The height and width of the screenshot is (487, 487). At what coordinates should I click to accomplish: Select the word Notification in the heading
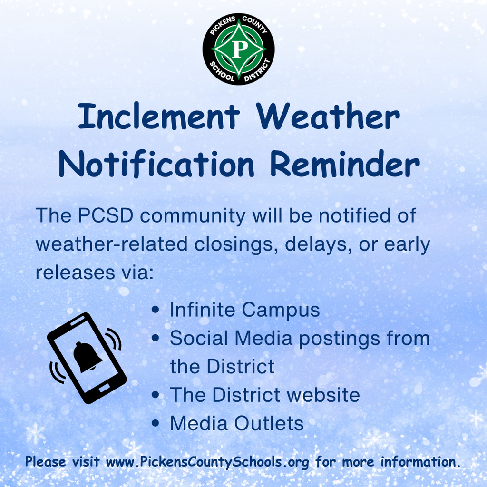click(156, 165)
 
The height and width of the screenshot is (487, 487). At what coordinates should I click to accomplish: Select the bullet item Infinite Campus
click(244, 310)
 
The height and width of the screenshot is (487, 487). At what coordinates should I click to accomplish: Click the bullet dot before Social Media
click(155, 339)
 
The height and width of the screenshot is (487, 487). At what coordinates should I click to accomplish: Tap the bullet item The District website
click(264, 395)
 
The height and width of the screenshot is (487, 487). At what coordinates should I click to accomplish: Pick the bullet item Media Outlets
click(236, 423)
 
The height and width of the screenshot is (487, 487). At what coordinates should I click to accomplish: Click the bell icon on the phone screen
click(87, 357)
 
